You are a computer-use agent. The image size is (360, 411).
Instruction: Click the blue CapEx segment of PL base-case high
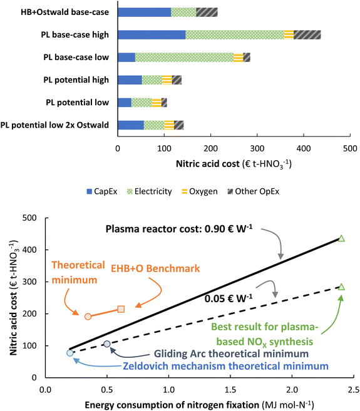pos(152,34)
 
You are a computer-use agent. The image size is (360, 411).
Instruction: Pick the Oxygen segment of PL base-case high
pos(289,34)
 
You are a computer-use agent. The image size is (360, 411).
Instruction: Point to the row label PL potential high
pos(77,79)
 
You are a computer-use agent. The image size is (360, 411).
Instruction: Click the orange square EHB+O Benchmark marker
pos(121,309)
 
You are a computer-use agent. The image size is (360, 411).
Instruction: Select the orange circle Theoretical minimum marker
pos(88,317)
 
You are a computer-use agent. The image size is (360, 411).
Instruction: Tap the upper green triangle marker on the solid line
pos(341,238)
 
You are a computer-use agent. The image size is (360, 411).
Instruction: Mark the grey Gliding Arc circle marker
pos(107,344)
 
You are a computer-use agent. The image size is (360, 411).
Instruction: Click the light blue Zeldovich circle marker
pos(70,353)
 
